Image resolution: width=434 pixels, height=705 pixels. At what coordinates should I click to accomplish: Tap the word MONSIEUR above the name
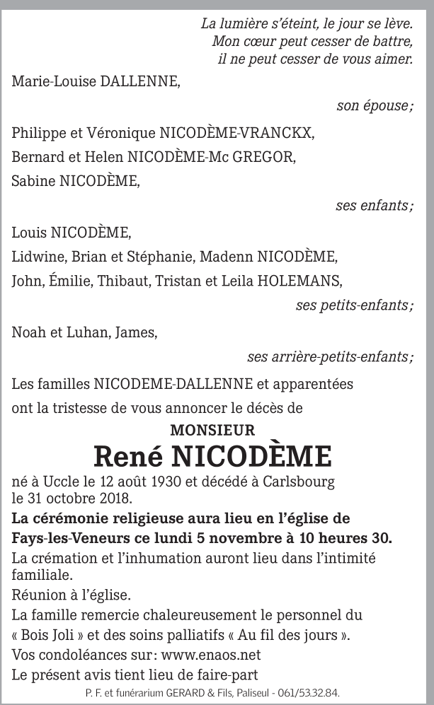click(212, 429)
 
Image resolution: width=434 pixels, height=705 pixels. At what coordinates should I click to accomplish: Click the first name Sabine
click(33, 181)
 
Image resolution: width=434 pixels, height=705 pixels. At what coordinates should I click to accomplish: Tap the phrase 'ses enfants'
click(374, 206)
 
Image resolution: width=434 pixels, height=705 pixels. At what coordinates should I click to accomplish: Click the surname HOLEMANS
click(299, 281)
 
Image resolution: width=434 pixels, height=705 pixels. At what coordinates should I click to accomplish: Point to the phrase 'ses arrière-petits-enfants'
click(330, 357)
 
